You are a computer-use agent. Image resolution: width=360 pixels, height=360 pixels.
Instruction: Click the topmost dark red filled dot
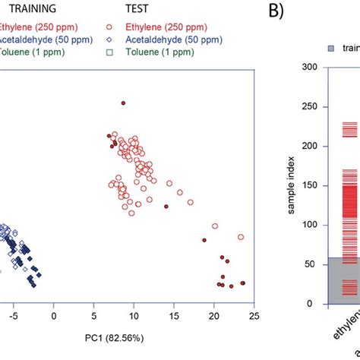[x=123, y=103]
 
